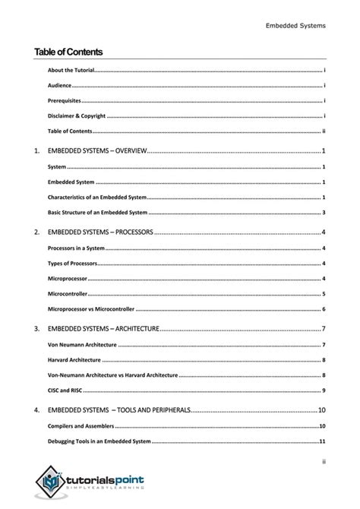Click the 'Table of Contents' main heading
coord(68,52)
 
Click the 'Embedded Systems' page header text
coord(295,25)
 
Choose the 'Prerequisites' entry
coord(64,100)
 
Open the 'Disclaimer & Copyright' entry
coord(76,115)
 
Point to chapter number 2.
coord(36,231)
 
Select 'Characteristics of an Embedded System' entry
coord(97,197)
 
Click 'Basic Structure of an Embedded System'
coord(97,212)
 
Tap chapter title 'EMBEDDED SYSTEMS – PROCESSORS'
coord(100,231)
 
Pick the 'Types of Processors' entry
coord(72,263)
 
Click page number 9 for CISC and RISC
coord(324,390)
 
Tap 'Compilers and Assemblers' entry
coord(81,425)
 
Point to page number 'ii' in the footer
coord(323,459)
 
